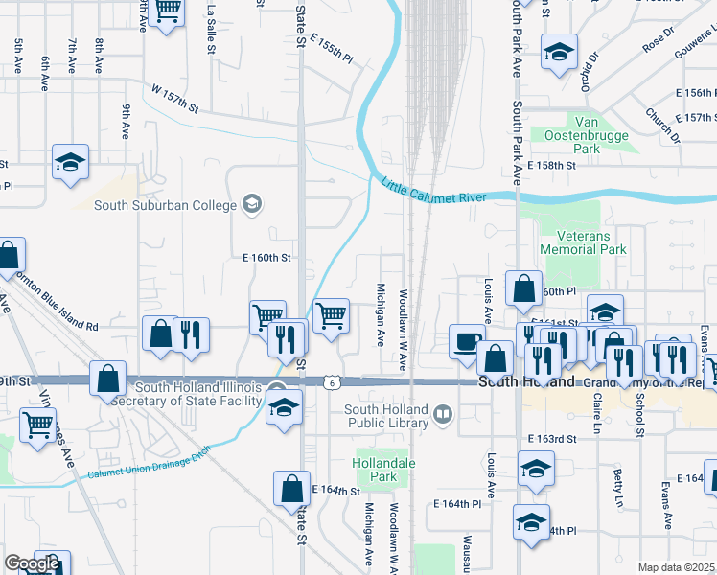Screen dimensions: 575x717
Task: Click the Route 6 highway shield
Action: point(332,381)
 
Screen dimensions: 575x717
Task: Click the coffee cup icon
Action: point(468,343)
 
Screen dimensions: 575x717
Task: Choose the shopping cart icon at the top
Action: point(168,11)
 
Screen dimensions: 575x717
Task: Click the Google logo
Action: point(32,563)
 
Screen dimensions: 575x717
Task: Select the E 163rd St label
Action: point(552,438)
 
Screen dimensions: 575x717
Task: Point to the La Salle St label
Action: point(212,28)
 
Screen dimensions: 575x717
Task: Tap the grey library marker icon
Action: point(442,414)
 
